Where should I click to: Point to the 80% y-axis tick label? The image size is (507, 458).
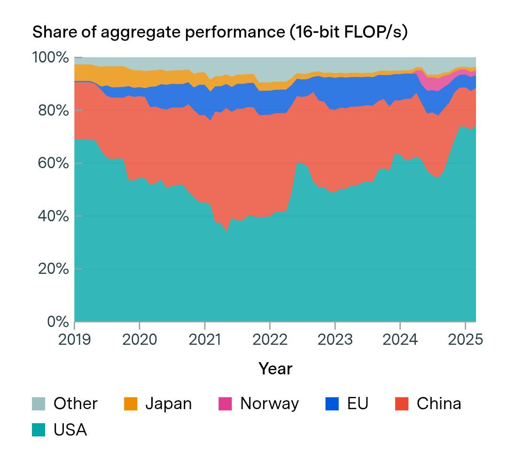point(54,110)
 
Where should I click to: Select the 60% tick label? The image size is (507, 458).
point(54,163)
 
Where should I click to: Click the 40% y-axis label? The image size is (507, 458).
point(54,216)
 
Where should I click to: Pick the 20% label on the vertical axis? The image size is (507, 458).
point(54,269)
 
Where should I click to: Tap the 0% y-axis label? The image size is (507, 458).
point(58,322)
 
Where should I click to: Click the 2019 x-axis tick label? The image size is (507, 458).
point(74,340)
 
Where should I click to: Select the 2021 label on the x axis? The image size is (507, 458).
point(205,340)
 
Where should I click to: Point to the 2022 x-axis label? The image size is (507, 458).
point(270,340)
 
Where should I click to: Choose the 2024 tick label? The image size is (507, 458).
point(400,340)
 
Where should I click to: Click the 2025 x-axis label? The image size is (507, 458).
point(465,340)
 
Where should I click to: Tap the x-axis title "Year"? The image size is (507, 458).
point(275,369)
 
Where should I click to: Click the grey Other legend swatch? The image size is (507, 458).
point(39,404)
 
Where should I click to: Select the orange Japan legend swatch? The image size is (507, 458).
point(131,404)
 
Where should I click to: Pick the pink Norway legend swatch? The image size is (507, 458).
point(226,404)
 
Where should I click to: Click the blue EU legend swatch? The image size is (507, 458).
point(332,404)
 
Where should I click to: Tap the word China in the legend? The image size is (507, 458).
point(439,404)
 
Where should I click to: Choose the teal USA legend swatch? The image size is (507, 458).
point(39,430)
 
